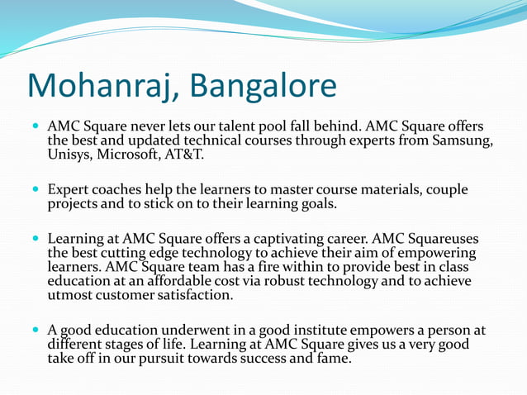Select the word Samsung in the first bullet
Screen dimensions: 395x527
[464, 141]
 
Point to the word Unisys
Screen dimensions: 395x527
[69, 155]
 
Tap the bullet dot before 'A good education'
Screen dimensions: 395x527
[36, 331]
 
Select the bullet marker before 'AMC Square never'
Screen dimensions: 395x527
[36, 128]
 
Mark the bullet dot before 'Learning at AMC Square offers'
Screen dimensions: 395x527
[36, 239]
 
